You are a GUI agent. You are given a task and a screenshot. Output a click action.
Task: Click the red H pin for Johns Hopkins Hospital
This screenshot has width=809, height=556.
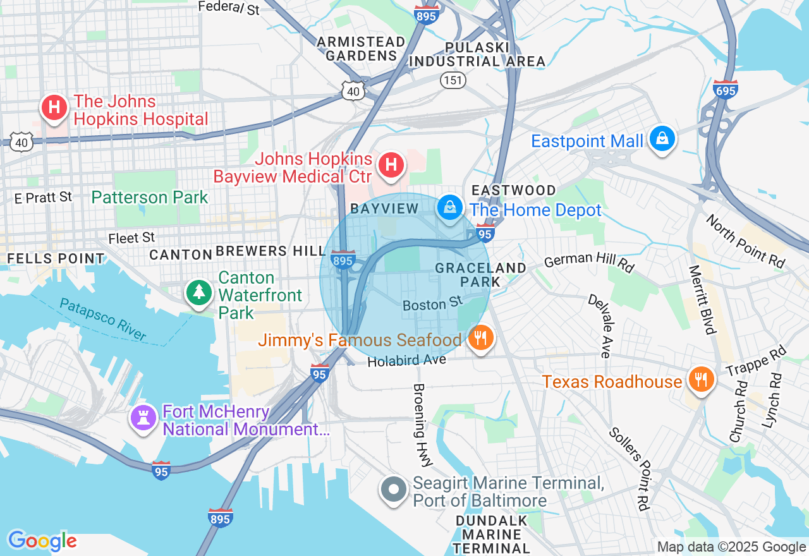coord(55,106)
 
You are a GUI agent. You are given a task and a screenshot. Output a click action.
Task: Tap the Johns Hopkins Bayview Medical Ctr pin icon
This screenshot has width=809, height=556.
coord(391,166)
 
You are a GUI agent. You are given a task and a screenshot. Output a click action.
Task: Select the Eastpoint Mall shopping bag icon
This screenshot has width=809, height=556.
coord(662,139)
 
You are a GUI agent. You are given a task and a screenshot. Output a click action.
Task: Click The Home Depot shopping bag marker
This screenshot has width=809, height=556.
coord(449,208)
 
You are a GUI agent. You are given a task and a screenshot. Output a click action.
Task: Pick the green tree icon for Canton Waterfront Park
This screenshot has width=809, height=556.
coord(200,292)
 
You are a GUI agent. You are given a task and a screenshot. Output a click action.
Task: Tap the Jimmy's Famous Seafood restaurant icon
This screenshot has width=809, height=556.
coord(481,338)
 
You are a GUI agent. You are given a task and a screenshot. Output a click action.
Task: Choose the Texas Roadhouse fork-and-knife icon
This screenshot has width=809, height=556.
coord(700,380)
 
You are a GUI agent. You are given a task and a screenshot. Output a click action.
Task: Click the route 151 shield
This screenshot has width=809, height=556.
coord(453,80)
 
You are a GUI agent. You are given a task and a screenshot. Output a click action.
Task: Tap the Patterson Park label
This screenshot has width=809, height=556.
coord(150,197)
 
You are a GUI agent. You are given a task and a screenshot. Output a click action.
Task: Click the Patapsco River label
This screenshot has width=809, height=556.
coord(102,320)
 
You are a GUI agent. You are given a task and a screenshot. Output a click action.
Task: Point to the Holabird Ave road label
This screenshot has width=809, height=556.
coord(407,361)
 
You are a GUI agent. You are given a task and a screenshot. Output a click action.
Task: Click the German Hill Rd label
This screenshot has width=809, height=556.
coord(588,262)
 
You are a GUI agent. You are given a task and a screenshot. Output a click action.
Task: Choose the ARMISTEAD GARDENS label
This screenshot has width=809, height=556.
coord(361,49)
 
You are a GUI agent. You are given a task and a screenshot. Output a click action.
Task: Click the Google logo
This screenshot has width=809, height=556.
coord(42,541)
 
